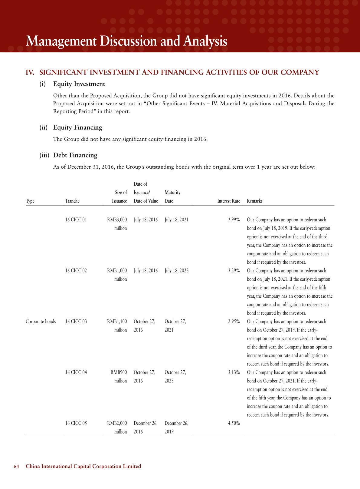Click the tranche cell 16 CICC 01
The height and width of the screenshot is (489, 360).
(x=76, y=220)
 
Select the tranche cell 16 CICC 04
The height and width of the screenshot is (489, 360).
(x=76, y=372)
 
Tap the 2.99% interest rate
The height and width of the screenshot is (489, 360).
(x=234, y=220)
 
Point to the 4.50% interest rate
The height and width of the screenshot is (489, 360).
(x=234, y=423)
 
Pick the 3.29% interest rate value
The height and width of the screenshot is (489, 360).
(x=234, y=271)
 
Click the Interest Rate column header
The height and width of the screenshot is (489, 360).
(x=228, y=201)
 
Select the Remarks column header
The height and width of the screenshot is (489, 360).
(x=255, y=201)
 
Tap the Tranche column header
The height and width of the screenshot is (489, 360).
(x=72, y=201)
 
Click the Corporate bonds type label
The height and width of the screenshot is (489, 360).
(x=41, y=322)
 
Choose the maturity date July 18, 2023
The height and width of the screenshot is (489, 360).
(x=176, y=271)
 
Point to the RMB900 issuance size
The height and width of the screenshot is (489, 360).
(x=119, y=372)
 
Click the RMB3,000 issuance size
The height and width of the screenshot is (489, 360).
(x=117, y=220)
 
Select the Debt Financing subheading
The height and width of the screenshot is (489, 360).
(x=75, y=155)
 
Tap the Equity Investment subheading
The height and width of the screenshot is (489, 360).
(x=79, y=84)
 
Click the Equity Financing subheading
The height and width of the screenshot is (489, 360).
(x=77, y=127)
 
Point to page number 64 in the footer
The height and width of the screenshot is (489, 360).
(x=16, y=466)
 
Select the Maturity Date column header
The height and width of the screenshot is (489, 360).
(x=172, y=197)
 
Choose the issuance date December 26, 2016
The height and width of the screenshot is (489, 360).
(x=146, y=427)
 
